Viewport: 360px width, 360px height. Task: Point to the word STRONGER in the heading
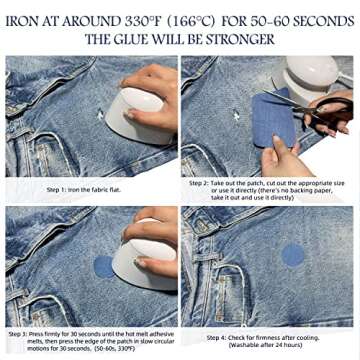[244, 39]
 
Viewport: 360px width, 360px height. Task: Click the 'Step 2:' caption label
[201, 183]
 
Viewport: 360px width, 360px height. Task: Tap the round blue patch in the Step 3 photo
[104, 266]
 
